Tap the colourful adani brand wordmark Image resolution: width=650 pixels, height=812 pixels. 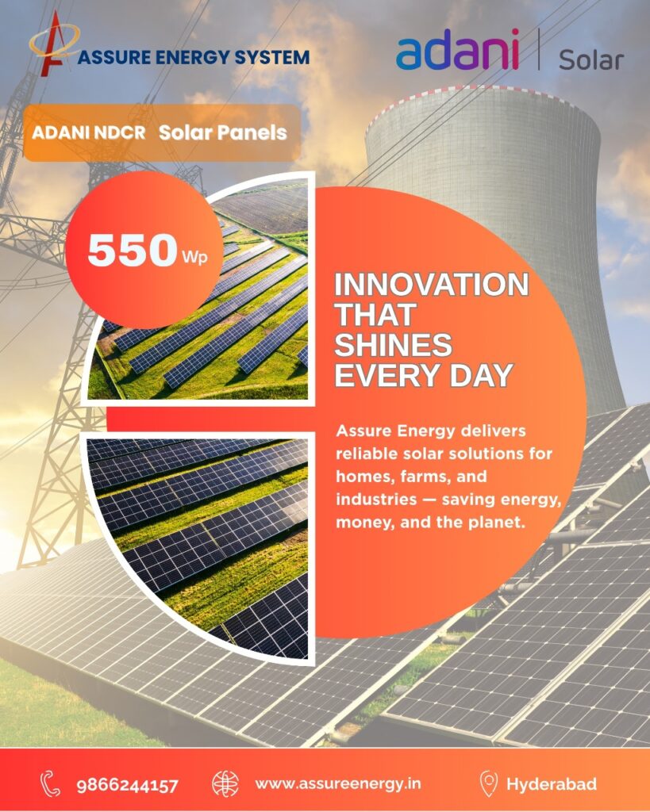[457, 49]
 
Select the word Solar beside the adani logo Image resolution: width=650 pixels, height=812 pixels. [591, 60]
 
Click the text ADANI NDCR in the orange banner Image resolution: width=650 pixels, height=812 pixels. [89, 132]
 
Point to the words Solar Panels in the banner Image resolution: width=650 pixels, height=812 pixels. [223, 132]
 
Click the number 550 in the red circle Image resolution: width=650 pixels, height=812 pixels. [133, 250]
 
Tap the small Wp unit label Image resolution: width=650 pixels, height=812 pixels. [195, 258]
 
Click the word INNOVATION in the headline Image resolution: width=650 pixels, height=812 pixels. [432, 285]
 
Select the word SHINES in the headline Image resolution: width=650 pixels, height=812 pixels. [394, 345]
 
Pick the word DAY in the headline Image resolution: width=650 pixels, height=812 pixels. [482, 375]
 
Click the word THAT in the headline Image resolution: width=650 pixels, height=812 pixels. [375, 314]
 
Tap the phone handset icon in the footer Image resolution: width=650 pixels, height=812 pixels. [51, 783]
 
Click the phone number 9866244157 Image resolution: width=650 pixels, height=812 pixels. [128, 786]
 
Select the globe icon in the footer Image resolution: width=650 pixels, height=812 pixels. [225, 783]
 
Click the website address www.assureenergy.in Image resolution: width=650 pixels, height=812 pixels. [338, 784]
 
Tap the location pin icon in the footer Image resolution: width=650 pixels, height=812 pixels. [488, 783]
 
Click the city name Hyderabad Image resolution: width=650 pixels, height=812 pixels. [552, 784]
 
